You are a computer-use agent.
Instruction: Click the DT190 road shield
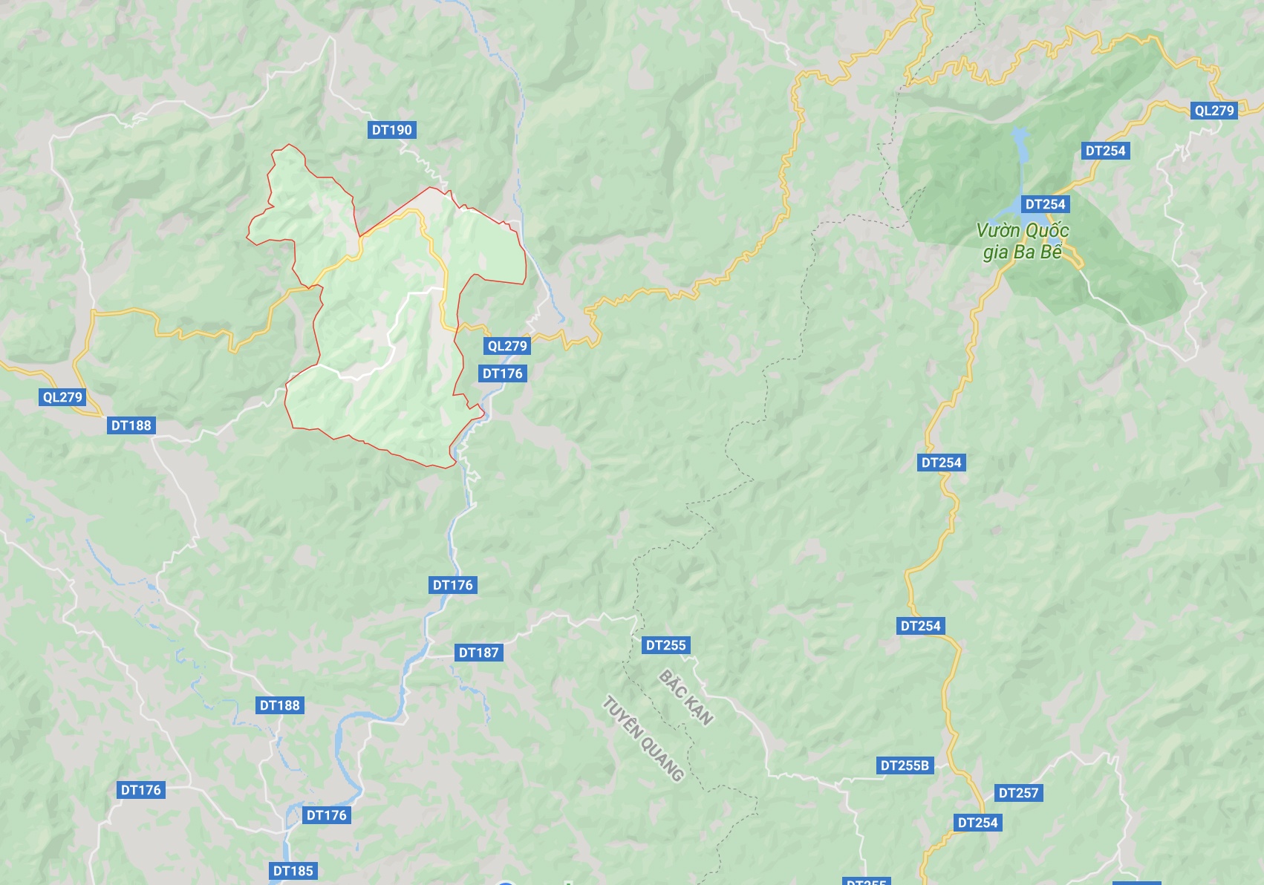(391, 130)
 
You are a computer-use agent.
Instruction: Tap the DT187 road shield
(478, 653)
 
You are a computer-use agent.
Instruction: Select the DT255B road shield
(904, 765)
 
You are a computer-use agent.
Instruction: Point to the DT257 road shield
(1018, 793)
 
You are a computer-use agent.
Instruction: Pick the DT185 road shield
(293, 871)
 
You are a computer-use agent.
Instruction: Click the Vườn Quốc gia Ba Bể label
(1023, 241)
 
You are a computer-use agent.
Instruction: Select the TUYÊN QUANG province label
(643, 739)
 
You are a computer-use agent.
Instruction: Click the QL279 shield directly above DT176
(507, 346)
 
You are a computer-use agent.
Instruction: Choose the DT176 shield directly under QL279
(502, 373)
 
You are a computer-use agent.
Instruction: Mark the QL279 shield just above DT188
(62, 397)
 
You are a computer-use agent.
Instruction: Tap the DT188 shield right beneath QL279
(131, 425)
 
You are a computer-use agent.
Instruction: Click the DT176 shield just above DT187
(452, 585)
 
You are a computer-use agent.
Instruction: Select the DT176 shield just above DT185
(326, 815)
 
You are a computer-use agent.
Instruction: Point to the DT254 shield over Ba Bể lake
(1045, 204)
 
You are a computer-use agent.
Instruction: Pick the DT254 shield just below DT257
(977, 823)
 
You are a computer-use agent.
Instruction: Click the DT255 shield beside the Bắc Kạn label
(665, 645)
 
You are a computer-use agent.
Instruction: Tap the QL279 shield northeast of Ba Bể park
(1213, 111)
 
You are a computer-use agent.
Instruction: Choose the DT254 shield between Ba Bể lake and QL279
(1105, 151)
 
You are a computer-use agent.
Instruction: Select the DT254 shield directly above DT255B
(920, 626)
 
